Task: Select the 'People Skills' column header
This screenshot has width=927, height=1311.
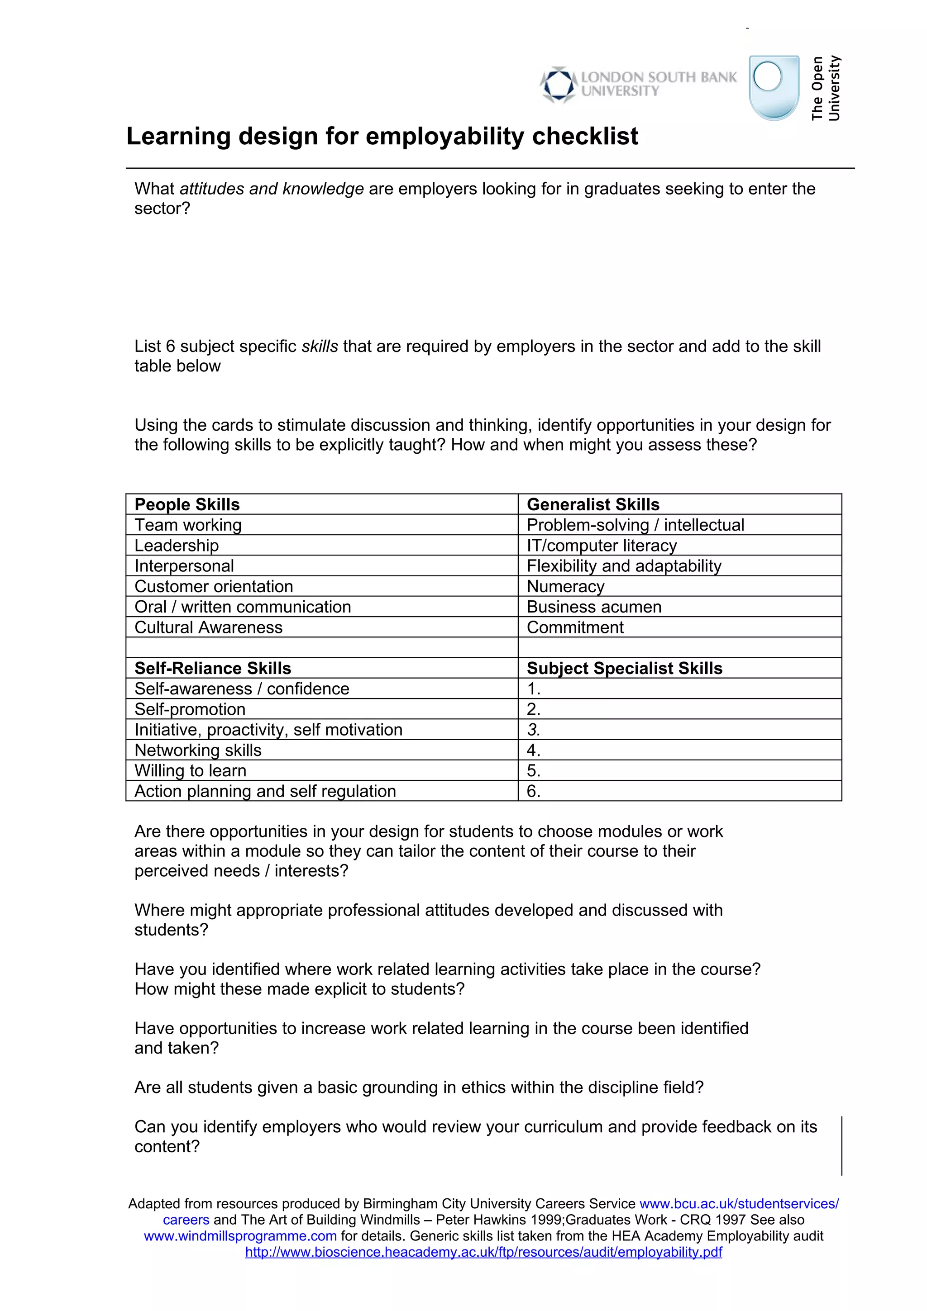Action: tap(187, 505)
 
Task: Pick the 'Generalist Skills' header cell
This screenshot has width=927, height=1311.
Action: tap(593, 505)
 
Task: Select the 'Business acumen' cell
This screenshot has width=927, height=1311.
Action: tap(593, 607)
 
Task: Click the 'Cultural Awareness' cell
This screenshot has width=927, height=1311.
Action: tap(209, 627)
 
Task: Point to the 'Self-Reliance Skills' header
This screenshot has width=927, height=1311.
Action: tap(212, 669)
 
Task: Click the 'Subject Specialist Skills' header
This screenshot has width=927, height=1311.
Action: tap(624, 669)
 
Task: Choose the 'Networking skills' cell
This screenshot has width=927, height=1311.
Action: tap(198, 750)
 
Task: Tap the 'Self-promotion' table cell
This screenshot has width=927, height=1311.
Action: tap(190, 710)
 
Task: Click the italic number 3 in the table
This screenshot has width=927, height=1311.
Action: tap(533, 730)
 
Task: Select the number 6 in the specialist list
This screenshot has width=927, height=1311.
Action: tap(533, 791)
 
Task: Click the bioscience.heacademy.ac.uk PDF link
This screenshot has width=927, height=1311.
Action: tap(483, 1252)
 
